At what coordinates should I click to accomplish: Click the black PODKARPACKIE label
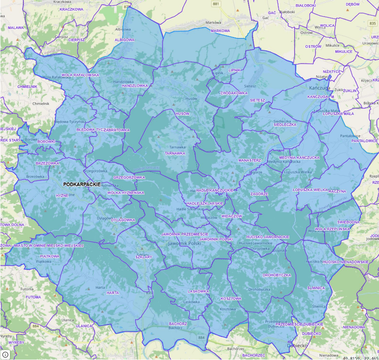tap(82, 184)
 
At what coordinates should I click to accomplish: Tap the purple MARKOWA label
tap(220, 31)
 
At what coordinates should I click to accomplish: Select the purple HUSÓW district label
tap(182, 114)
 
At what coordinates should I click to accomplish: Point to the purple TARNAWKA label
tap(175, 153)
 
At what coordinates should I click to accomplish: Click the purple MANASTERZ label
tap(249, 160)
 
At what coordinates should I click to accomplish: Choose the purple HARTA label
tap(113, 293)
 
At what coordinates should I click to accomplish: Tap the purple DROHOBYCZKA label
tap(277, 275)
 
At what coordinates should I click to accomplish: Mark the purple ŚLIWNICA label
tap(315, 288)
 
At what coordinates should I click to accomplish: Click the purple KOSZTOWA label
tap(231, 299)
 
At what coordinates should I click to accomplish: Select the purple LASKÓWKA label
tap(199, 291)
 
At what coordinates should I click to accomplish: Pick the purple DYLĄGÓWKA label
tap(123, 220)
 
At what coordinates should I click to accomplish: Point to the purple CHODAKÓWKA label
tap(234, 93)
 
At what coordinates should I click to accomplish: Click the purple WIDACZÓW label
tap(231, 216)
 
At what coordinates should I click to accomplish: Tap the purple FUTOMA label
tap(33, 297)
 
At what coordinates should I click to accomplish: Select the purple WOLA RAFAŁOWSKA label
tap(80, 75)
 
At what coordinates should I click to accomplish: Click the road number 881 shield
tap(216, 4)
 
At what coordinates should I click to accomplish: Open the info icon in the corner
tap(5, 354)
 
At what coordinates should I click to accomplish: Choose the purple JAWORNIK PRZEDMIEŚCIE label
tap(184, 234)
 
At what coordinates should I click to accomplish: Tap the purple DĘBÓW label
tap(353, 4)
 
